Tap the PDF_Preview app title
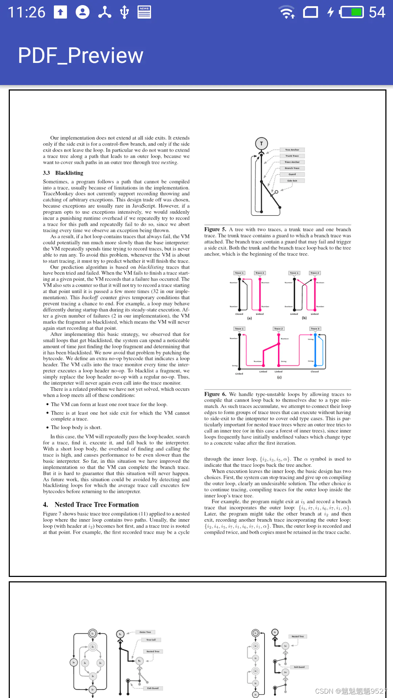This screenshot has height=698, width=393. (x=80, y=56)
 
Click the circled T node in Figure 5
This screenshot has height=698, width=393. (x=261, y=144)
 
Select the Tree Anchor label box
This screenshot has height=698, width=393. (x=292, y=150)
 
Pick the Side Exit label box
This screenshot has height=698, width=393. (x=292, y=181)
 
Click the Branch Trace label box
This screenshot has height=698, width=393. (x=292, y=168)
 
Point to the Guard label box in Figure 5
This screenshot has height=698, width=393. (x=292, y=174)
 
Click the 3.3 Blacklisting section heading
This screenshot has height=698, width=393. (x=63, y=173)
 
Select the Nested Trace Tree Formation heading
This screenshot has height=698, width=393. (x=91, y=505)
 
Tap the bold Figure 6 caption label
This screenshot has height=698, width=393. (x=215, y=394)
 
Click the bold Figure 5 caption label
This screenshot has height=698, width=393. (x=215, y=229)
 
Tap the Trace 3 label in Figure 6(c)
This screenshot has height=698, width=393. (x=315, y=329)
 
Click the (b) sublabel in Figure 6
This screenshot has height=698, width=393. (x=304, y=318)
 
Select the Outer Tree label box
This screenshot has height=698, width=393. (x=145, y=632)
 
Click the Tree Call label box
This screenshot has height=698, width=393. (x=151, y=640)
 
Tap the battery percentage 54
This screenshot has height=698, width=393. (x=377, y=12)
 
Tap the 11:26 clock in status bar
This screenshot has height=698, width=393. (x=26, y=12)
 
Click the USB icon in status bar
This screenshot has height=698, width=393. (x=124, y=12)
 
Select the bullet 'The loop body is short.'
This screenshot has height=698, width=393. (x=76, y=428)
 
